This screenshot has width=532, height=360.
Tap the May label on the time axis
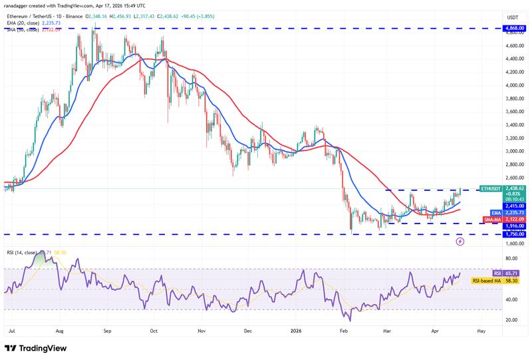482,329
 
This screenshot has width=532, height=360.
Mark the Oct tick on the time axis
154,329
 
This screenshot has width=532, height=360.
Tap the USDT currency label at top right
513,17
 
